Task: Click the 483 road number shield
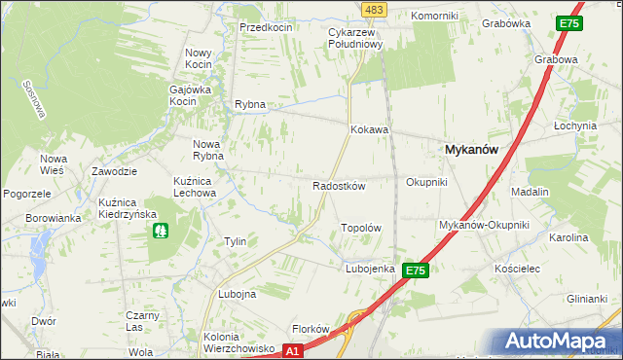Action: click(x=373, y=9)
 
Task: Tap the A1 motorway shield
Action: click(x=294, y=350)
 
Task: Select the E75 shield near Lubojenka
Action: click(x=416, y=270)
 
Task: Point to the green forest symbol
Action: click(x=159, y=232)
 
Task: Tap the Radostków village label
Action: click(x=338, y=186)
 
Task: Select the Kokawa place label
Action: click(x=370, y=129)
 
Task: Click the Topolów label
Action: click(x=359, y=228)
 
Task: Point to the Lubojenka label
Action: click(x=369, y=269)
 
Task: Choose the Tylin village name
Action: click(x=235, y=241)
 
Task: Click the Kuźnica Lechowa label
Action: click(x=194, y=187)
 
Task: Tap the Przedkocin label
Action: click(x=267, y=28)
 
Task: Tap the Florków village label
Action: click(x=312, y=329)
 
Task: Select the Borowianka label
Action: click(x=55, y=218)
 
